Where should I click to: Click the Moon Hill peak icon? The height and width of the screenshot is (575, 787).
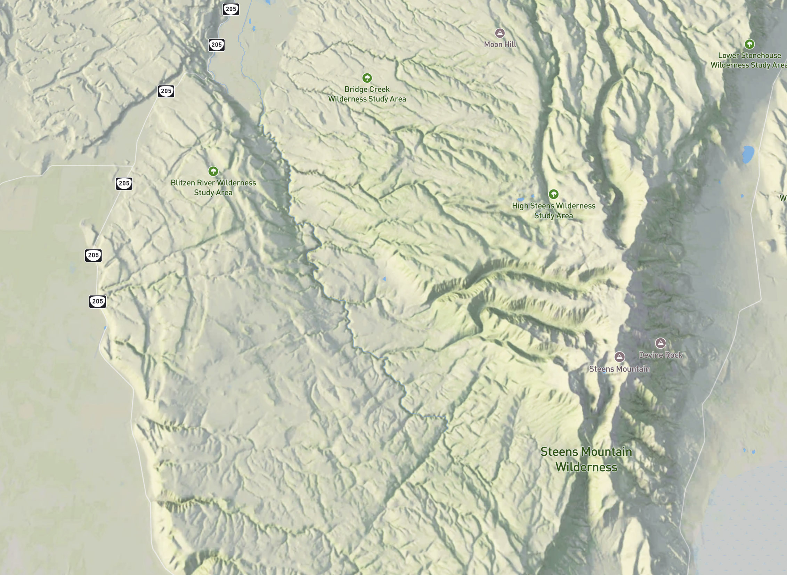point(500,33)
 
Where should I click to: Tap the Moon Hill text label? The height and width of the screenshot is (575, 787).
point(500,44)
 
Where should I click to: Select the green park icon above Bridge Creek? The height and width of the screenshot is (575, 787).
point(367,78)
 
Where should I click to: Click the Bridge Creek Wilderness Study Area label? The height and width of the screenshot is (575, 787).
point(367,94)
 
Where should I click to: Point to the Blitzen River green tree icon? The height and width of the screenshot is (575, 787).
point(213,171)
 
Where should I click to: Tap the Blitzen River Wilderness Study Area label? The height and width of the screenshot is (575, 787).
point(213,188)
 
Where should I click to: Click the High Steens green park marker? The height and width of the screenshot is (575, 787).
point(553,194)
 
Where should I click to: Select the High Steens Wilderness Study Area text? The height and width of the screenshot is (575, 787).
point(553,211)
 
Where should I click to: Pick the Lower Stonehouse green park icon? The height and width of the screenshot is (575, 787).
point(749,44)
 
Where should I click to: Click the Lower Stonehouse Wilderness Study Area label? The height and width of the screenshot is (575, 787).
point(749,60)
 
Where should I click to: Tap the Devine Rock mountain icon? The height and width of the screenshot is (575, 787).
point(660,343)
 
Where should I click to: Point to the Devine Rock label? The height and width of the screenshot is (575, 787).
point(660,355)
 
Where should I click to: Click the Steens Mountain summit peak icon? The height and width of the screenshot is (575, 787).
point(619,357)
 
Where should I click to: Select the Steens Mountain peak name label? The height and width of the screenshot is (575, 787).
point(619,369)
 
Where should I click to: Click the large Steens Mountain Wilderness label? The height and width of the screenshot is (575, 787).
point(586,460)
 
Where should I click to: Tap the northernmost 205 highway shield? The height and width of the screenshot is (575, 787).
point(231,9)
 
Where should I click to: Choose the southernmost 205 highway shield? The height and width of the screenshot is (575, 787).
point(97,301)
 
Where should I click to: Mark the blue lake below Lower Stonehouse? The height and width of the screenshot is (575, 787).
point(748,155)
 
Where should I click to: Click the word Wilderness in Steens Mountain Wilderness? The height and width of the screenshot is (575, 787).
point(586,467)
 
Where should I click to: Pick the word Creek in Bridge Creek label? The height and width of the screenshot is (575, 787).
point(377,89)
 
